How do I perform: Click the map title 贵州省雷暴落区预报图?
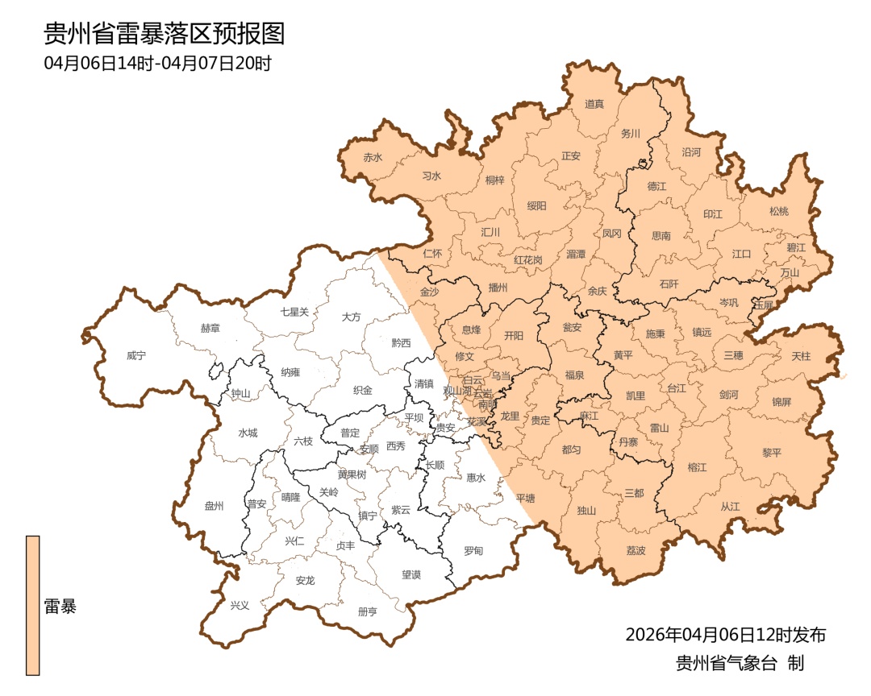[x=165, y=34]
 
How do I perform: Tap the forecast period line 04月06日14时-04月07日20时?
[x=158, y=63]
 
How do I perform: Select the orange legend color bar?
[x=32, y=604]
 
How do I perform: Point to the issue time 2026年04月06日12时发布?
[x=725, y=635]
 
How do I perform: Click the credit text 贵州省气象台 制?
[x=740, y=664]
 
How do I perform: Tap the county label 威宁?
[x=138, y=355]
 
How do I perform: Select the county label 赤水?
[x=373, y=157]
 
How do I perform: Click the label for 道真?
[x=594, y=104]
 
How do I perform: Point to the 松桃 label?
[x=778, y=211]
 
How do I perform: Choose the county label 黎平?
[x=772, y=452]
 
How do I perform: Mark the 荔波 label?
[x=636, y=551]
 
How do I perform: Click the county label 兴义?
[x=240, y=605]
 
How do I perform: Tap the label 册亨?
[x=367, y=611]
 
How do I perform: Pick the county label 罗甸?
[x=473, y=551]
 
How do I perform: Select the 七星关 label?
[x=294, y=311]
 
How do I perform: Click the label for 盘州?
[x=214, y=506]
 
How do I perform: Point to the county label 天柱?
[x=801, y=355]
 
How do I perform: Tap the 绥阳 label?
[x=536, y=205]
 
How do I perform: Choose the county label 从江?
[x=729, y=506]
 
